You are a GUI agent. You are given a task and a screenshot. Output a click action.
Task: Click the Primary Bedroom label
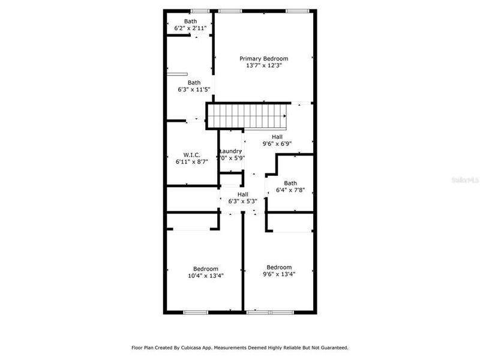point(264,59)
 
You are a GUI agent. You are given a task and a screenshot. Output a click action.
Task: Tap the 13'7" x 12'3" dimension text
point(264,66)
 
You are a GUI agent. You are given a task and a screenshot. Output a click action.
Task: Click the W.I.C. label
point(184,155)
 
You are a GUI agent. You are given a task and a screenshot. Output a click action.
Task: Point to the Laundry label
point(231,151)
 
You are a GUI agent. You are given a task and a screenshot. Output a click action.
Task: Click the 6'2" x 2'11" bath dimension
point(190,28)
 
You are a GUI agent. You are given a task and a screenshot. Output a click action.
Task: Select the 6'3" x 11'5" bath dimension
point(194,90)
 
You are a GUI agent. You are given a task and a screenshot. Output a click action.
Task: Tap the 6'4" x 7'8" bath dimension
point(290,190)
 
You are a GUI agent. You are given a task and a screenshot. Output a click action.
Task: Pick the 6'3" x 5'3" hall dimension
point(243,202)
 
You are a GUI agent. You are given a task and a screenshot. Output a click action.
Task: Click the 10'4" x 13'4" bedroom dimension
point(205,276)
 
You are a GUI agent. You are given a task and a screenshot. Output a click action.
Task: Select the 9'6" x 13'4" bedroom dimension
point(279,275)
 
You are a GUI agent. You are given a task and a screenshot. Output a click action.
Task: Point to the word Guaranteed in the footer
point(333,347)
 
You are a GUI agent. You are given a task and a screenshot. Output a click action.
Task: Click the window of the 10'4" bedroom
point(196,312)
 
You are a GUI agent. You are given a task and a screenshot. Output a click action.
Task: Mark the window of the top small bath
point(200,11)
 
